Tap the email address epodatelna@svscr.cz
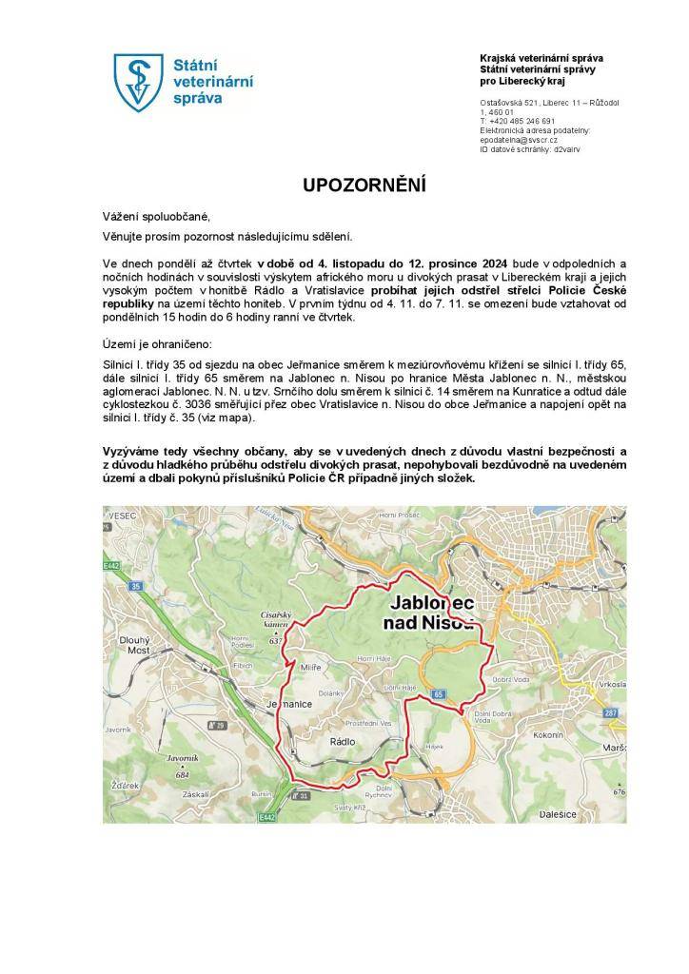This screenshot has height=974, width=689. (520, 140)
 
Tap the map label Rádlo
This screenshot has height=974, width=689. (342, 739)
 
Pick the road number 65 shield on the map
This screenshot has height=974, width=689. (437, 695)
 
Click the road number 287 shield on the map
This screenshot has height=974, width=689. (611, 712)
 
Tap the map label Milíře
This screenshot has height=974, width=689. (310, 669)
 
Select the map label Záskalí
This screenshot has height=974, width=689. (197, 792)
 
